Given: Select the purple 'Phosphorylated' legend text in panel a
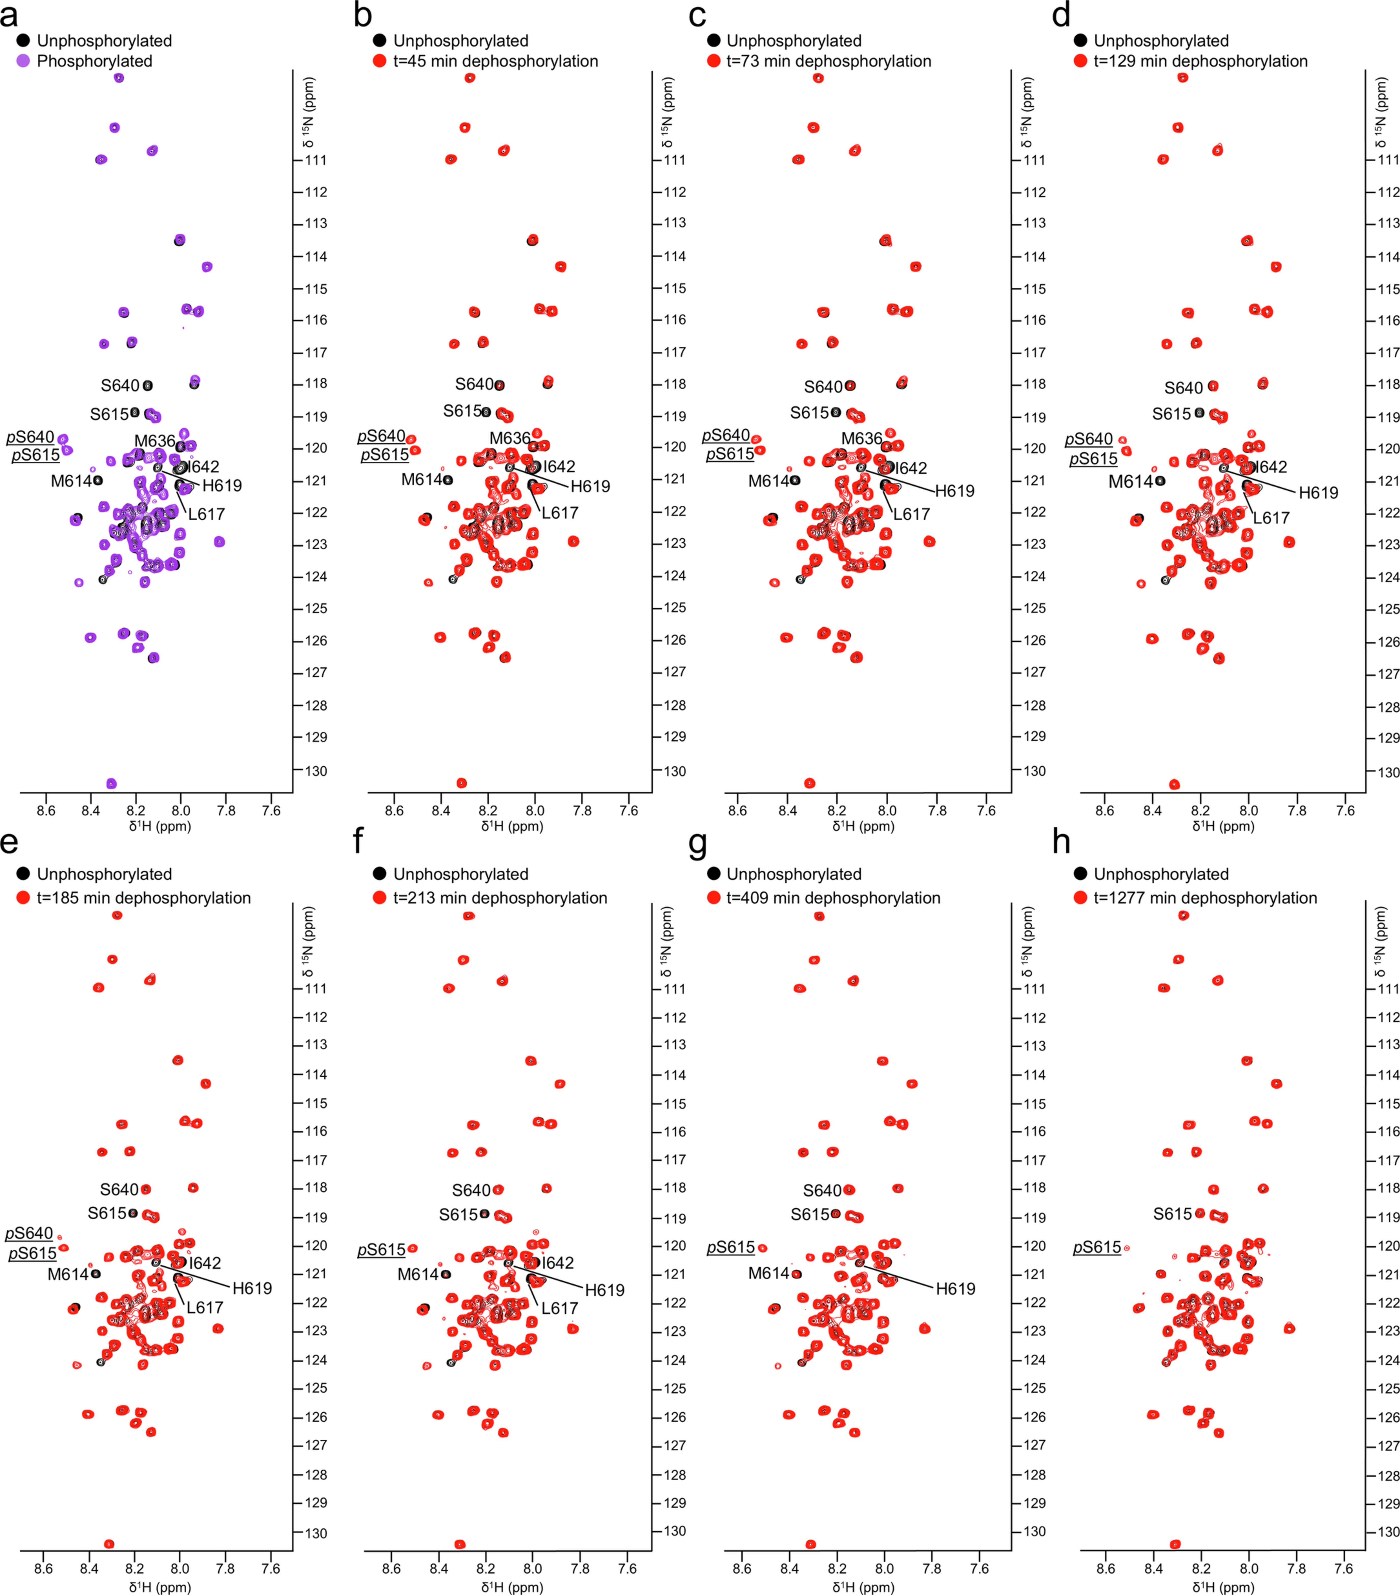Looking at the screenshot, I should click(94, 61).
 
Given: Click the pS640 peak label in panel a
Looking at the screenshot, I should click(31, 437).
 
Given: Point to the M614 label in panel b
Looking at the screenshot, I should click(421, 479).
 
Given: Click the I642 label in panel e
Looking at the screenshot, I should click(205, 1263).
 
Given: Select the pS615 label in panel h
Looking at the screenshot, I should click(1097, 1247).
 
